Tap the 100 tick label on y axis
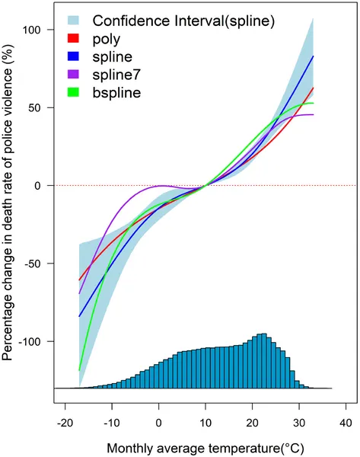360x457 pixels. [x=40, y=30]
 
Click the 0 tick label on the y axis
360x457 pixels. [x=46, y=185]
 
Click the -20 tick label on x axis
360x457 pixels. [x=65, y=421]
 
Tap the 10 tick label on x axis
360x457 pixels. [x=205, y=421]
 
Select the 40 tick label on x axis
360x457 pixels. [x=345, y=421]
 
